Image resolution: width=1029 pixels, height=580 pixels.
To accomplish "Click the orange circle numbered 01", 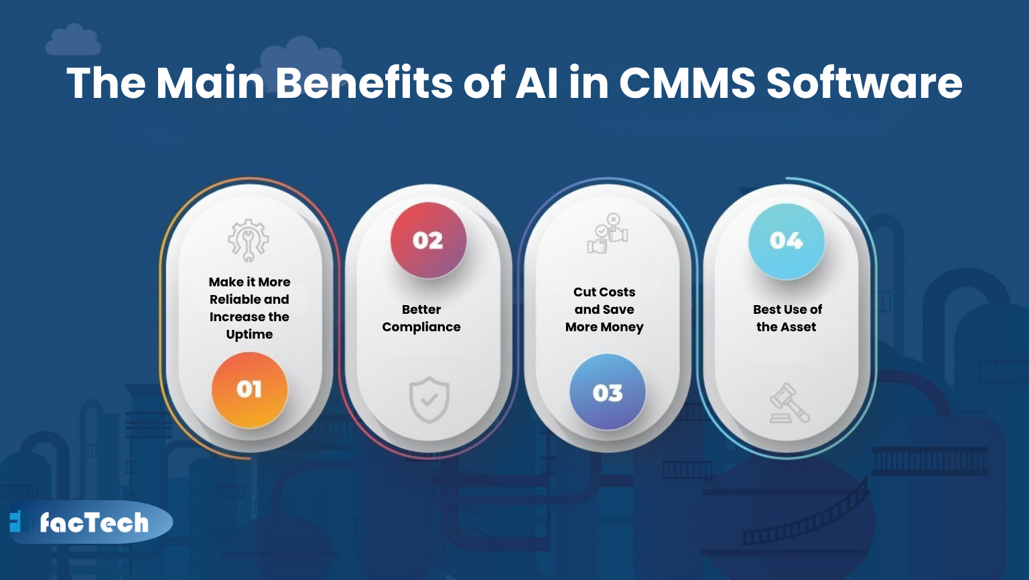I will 249,390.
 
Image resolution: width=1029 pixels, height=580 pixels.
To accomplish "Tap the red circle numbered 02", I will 428,240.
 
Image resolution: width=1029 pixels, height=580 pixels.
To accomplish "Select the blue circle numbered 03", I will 607,392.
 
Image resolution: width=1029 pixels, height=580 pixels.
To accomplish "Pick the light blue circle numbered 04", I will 786,241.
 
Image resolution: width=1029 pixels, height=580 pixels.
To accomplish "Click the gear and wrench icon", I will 249,240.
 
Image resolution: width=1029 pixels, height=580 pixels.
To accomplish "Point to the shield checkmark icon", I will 429,400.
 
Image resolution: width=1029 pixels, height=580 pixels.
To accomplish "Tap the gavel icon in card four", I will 788,403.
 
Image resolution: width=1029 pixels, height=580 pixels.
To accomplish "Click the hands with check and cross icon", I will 608,234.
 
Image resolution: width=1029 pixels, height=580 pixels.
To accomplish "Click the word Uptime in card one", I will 249,334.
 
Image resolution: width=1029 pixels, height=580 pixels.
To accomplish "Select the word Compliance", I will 421,327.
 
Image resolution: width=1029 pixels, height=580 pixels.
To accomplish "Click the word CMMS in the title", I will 687,83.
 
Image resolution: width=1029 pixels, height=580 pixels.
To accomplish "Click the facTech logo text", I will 94,522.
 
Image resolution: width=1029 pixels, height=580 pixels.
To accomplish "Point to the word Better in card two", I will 421,309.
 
